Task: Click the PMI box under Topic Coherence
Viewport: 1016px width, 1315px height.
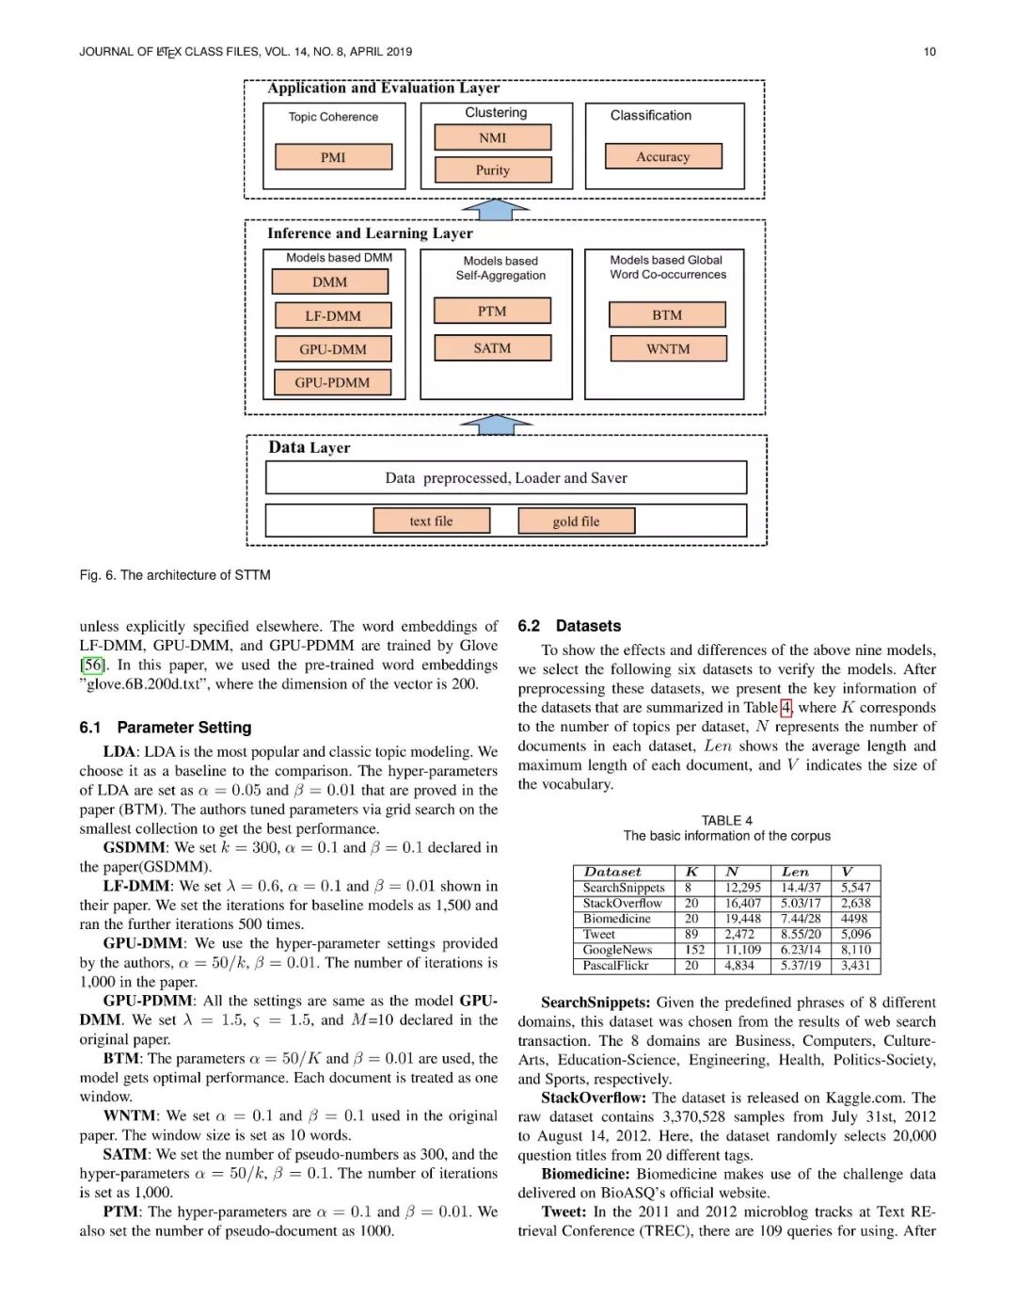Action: tap(333, 157)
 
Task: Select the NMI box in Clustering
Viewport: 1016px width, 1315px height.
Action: tap(492, 137)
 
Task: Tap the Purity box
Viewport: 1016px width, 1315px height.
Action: tap(492, 170)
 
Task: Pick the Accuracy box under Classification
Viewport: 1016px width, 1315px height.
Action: tap(663, 156)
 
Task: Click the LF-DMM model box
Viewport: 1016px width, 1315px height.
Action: tap(333, 315)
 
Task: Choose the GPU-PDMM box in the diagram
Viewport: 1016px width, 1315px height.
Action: tap(332, 382)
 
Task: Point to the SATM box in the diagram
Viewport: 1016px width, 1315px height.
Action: tap(492, 348)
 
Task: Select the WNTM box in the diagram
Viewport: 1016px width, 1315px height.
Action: tap(668, 349)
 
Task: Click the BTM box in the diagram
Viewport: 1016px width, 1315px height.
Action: tap(667, 314)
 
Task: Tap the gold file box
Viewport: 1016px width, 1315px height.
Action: tap(576, 521)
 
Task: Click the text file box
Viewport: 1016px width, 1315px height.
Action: tap(431, 521)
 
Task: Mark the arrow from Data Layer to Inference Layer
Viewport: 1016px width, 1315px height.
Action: tap(496, 425)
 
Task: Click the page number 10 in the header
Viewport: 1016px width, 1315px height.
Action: tap(929, 52)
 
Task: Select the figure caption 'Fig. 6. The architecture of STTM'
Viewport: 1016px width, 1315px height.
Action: tap(175, 575)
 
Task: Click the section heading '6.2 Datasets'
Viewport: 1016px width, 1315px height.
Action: tap(570, 626)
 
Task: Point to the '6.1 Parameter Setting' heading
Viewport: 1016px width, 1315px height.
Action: tap(166, 728)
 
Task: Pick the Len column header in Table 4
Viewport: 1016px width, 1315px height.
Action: tap(795, 873)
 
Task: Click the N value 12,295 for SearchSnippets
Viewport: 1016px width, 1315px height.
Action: tap(742, 888)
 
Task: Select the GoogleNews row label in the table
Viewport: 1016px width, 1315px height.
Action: tap(617, 950)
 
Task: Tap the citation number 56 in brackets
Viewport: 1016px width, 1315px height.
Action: tap(91, 665)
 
